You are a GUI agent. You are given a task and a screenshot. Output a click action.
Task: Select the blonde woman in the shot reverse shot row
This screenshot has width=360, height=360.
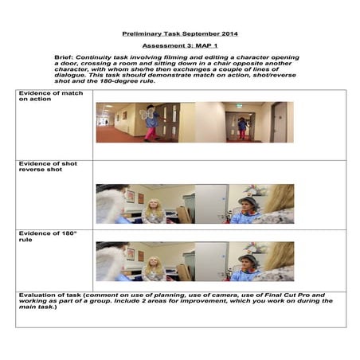coord(153,209)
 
